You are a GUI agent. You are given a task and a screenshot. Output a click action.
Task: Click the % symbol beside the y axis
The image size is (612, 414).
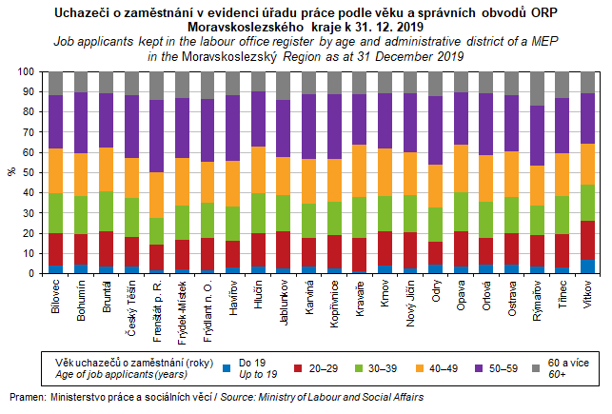[10, 172]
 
